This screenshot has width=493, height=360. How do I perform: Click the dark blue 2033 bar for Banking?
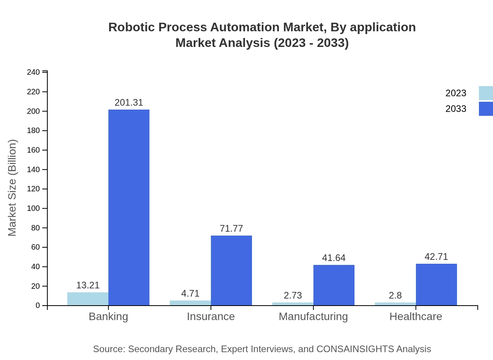(129, 207)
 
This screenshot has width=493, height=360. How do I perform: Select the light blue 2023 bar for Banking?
(88, 299)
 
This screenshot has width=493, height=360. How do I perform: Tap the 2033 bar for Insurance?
(231, 270)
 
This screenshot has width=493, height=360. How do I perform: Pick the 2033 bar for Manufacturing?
(334, 285)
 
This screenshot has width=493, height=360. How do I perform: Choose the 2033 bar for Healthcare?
(436, 284)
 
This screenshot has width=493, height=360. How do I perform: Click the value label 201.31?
(129, 103)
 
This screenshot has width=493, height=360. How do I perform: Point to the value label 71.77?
(231, 229)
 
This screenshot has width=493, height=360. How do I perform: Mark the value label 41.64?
(334, 258)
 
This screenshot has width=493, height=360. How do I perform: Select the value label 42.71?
(436, 257)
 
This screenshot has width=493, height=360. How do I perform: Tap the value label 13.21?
(88, 285)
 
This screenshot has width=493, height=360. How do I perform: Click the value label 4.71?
(190, 293)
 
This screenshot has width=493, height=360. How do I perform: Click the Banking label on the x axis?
(108, 316)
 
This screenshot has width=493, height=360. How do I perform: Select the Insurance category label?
(211, 316)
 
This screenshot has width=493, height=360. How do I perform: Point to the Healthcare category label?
(416, 316)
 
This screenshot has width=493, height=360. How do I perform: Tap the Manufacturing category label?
(313, 316)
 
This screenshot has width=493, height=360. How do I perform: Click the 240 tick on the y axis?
(33, 72)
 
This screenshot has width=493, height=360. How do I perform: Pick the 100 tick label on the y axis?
(33, 209)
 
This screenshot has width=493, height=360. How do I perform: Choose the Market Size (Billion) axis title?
(13, 188)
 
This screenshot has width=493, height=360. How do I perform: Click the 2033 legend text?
(456, 109)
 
